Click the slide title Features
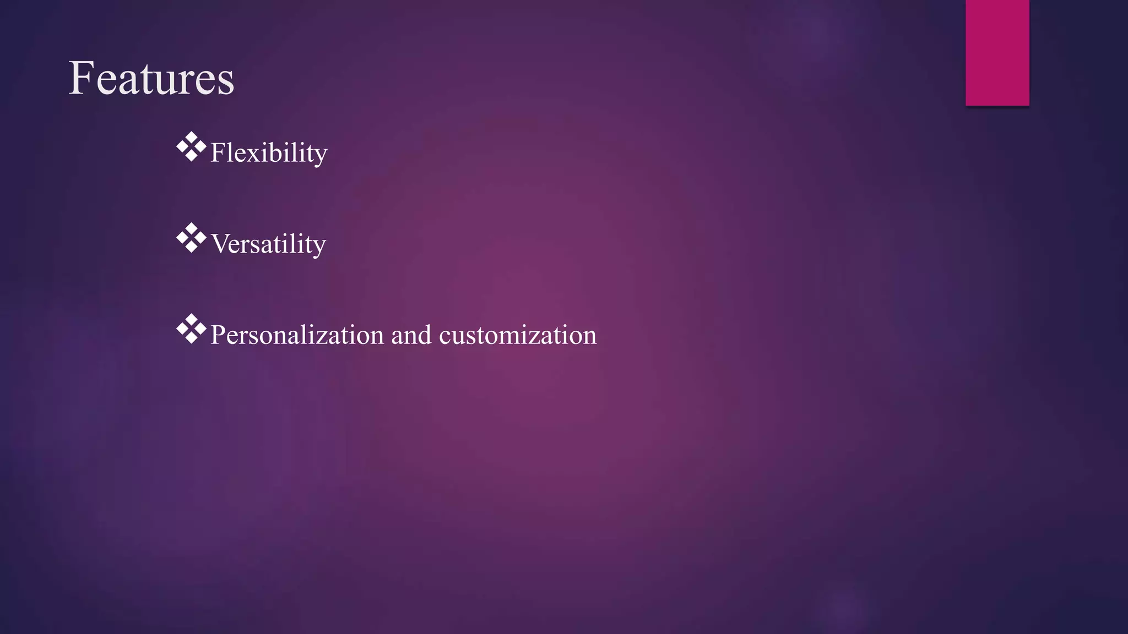point(151,79)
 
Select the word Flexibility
point(269,152)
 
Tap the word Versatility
point(268,244)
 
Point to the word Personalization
point(297,335)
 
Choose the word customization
point(518,335)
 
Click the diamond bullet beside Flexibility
point(191,147)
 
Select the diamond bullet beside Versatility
point(191,238)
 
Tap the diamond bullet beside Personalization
point(191,329)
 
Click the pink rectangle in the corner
point(997,52)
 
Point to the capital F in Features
point(80,78)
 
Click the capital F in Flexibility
point(218,152)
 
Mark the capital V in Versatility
point(220,244)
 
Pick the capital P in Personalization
point(218,335)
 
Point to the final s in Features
point(226,83)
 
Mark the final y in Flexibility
point(321,156)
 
